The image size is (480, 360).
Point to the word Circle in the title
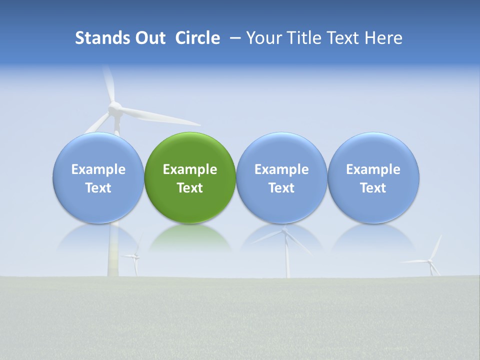click(x=197, y=38)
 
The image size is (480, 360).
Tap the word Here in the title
click(x=383, y=38)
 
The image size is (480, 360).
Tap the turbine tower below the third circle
click(x=287, y=255)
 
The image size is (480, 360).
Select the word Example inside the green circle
click(x=190, y=169)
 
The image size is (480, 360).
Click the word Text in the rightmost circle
click(x=373, y=188)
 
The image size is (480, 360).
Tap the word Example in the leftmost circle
click(x=98, y=169)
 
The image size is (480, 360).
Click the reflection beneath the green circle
click(x=190, y=237)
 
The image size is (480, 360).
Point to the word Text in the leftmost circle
click(x=98, y=188)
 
